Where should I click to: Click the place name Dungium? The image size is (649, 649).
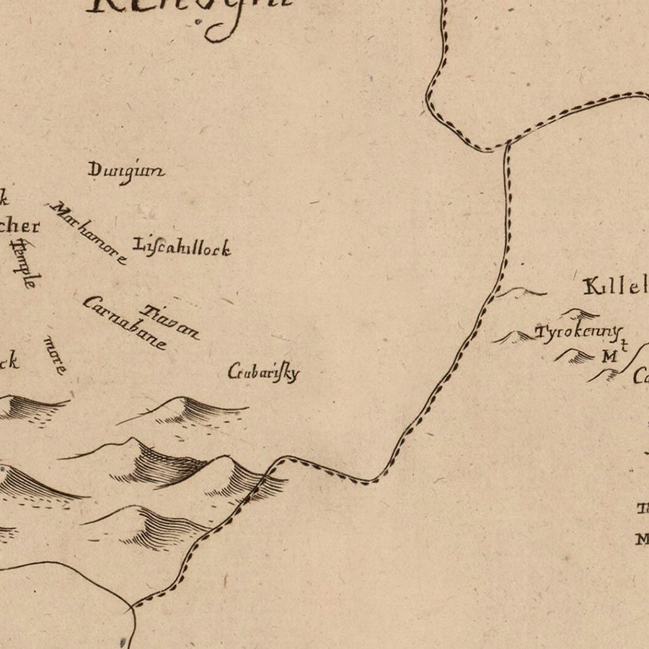point(126,172)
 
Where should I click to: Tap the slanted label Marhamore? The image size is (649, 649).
point(89,232)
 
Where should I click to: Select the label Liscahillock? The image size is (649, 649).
point(182,247)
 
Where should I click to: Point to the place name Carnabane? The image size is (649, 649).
point(124,322)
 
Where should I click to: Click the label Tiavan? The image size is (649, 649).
point(170,322)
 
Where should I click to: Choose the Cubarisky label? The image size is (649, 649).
point(263,373)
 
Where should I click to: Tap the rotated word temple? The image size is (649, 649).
point(25,263)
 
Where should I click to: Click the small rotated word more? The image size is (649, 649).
point(56,354)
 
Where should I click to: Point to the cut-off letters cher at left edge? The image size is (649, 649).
point(19,226)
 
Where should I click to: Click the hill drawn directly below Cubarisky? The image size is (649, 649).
point(187,411)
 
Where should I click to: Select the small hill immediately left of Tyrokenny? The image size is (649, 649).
point(513,337)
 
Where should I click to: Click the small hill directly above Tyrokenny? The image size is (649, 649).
point(580,314)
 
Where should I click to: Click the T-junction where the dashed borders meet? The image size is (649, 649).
point(507,143)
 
